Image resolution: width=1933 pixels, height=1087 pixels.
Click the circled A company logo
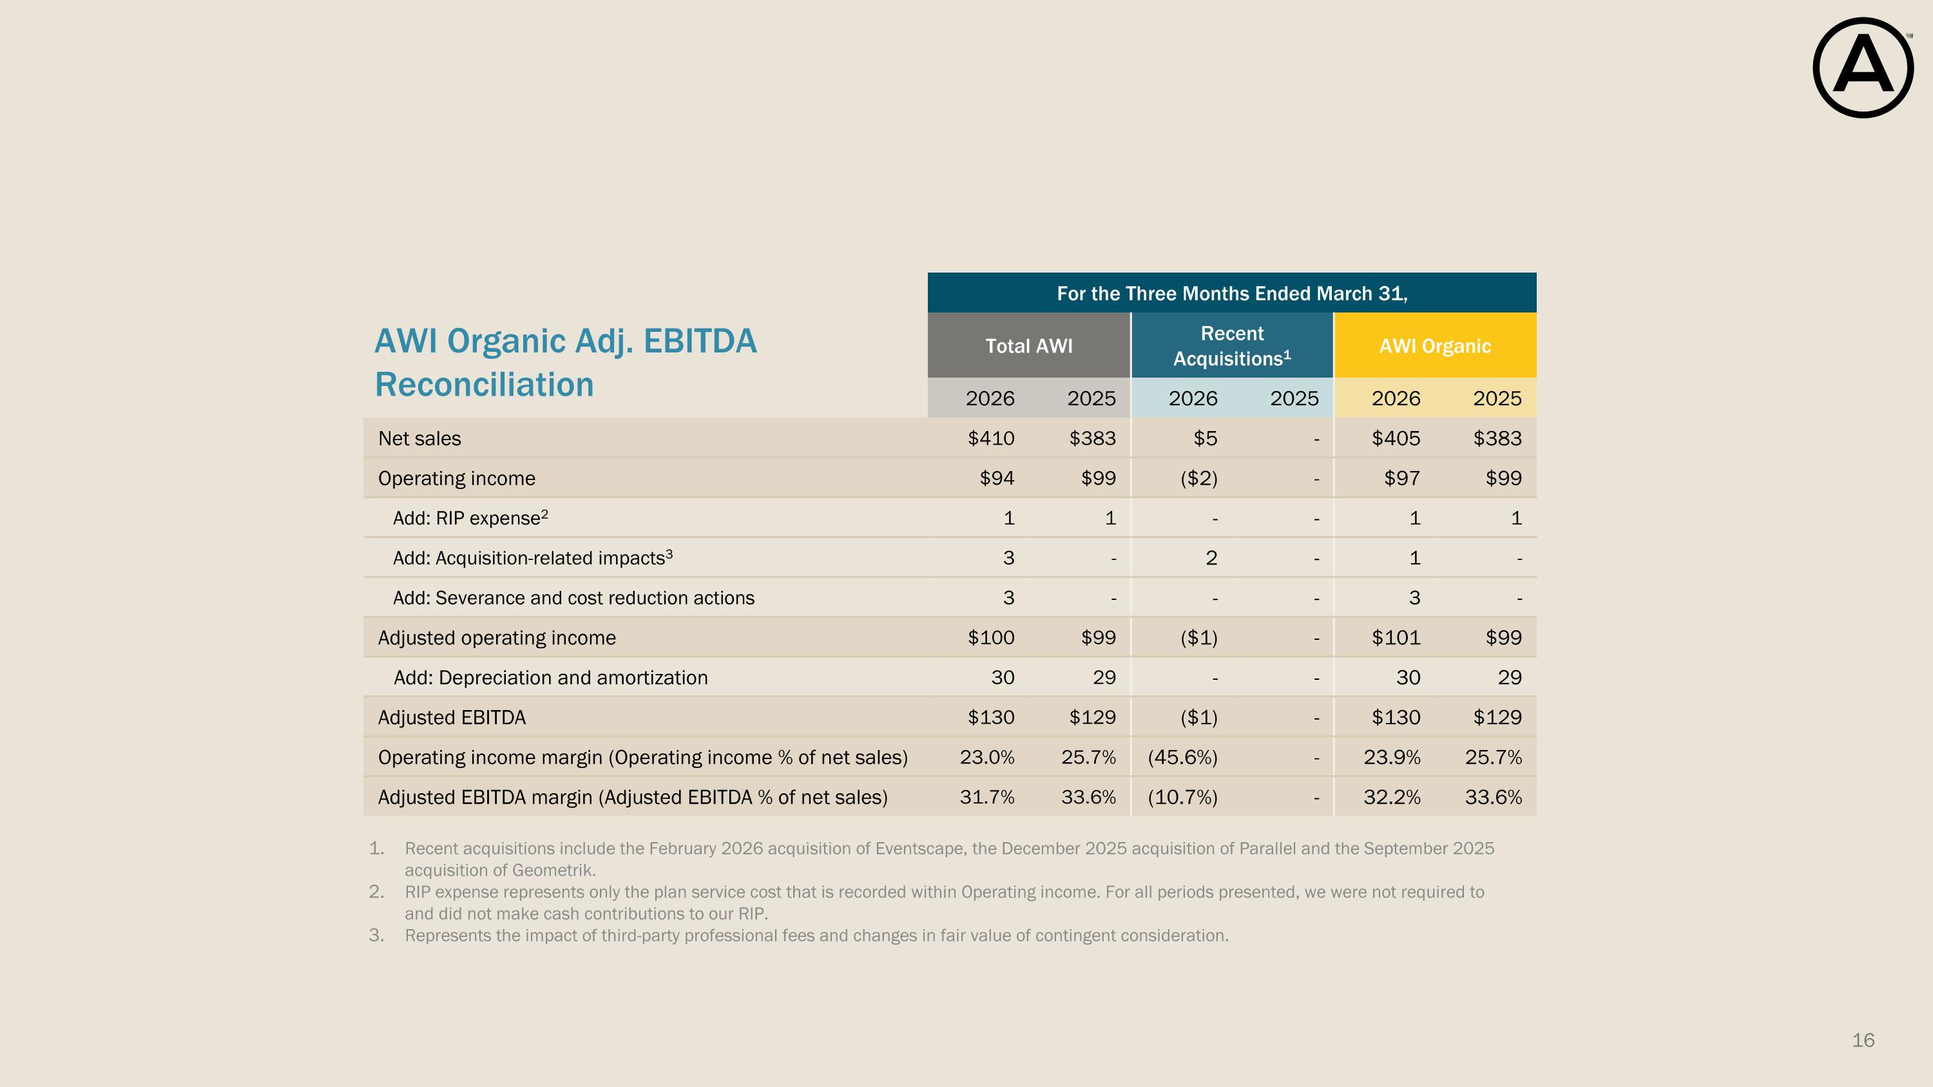pos(1863,68)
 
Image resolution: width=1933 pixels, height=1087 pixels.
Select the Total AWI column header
pos(1029,346)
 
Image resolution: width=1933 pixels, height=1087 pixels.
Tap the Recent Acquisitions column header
pos(1232,346)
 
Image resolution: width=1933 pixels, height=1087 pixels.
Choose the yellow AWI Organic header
pos(1435,346)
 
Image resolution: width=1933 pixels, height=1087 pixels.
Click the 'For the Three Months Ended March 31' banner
pos(1232,293)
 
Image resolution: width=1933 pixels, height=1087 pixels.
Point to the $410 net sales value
pos(991,438)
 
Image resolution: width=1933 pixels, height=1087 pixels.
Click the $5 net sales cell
pos(1205,438)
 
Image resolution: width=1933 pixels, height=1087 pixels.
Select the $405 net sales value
pos(1396,438)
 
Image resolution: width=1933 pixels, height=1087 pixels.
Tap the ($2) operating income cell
pos(1199,479)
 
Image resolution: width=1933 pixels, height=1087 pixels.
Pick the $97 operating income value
pos(1401,479)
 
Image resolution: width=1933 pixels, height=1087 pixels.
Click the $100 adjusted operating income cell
pos(991,638)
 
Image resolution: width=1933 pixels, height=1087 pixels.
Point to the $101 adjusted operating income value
pos(1396,638)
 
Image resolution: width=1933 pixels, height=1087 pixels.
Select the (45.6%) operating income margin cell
pos(1182,758)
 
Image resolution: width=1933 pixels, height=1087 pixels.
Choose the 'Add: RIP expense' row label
pos(470,517)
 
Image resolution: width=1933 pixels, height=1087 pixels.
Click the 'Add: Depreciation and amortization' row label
pos(551,678)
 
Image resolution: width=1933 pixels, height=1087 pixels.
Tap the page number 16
pos(1863,1041)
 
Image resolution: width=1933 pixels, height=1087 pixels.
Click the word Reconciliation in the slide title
pos(484,385)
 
